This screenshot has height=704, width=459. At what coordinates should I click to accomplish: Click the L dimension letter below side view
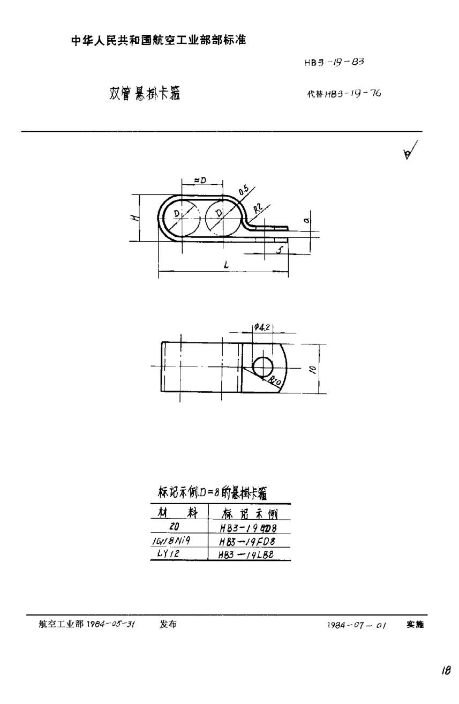point(225,264)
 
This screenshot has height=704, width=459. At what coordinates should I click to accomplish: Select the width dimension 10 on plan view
point(313,369)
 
